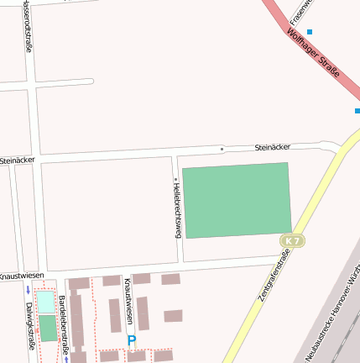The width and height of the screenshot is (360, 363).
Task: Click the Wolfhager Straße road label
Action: (313, 55)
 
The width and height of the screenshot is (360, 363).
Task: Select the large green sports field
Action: (237, 200)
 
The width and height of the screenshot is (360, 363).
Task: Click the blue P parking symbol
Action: (131, 341)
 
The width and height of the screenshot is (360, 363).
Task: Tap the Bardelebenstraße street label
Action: (63, 327)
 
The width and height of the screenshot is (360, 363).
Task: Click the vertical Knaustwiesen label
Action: (128, 301)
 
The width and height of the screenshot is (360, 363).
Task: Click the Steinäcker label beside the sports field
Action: (272, 147)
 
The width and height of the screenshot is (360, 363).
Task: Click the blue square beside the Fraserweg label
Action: (310, 32)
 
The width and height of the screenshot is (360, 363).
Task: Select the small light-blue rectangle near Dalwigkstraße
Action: (45, 302)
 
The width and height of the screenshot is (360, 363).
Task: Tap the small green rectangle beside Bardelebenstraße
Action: (49, 328)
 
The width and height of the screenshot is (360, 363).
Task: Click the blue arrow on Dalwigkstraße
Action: (28, 291)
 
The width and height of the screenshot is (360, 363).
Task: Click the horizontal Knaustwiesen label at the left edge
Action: (21, 276)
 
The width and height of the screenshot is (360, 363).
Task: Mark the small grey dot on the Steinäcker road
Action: (222, 150)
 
